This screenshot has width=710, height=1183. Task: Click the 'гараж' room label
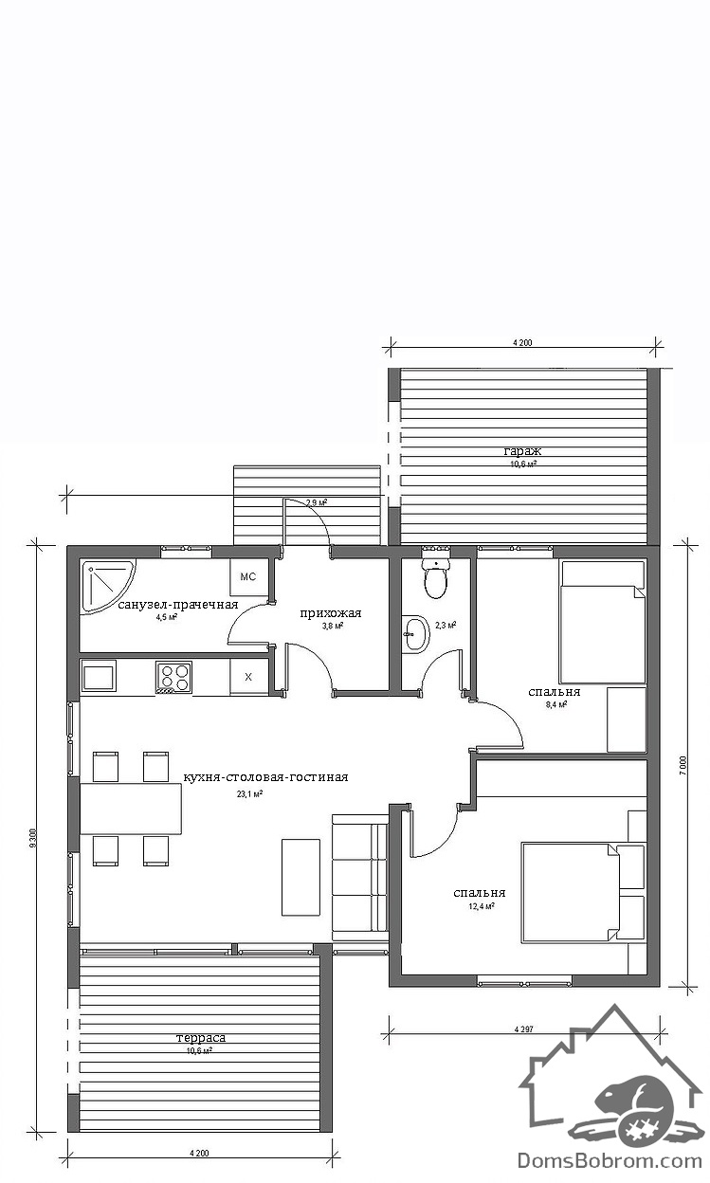522,451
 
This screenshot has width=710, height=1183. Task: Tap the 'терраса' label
201,1037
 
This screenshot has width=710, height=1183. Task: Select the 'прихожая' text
331,613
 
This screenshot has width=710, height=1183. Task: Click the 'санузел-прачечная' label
178,604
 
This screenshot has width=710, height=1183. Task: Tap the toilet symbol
436,576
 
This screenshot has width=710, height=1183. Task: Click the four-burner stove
173,677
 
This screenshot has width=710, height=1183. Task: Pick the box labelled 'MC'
247,576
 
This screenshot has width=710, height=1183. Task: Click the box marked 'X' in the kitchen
248,677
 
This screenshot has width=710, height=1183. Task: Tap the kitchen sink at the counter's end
99,676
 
